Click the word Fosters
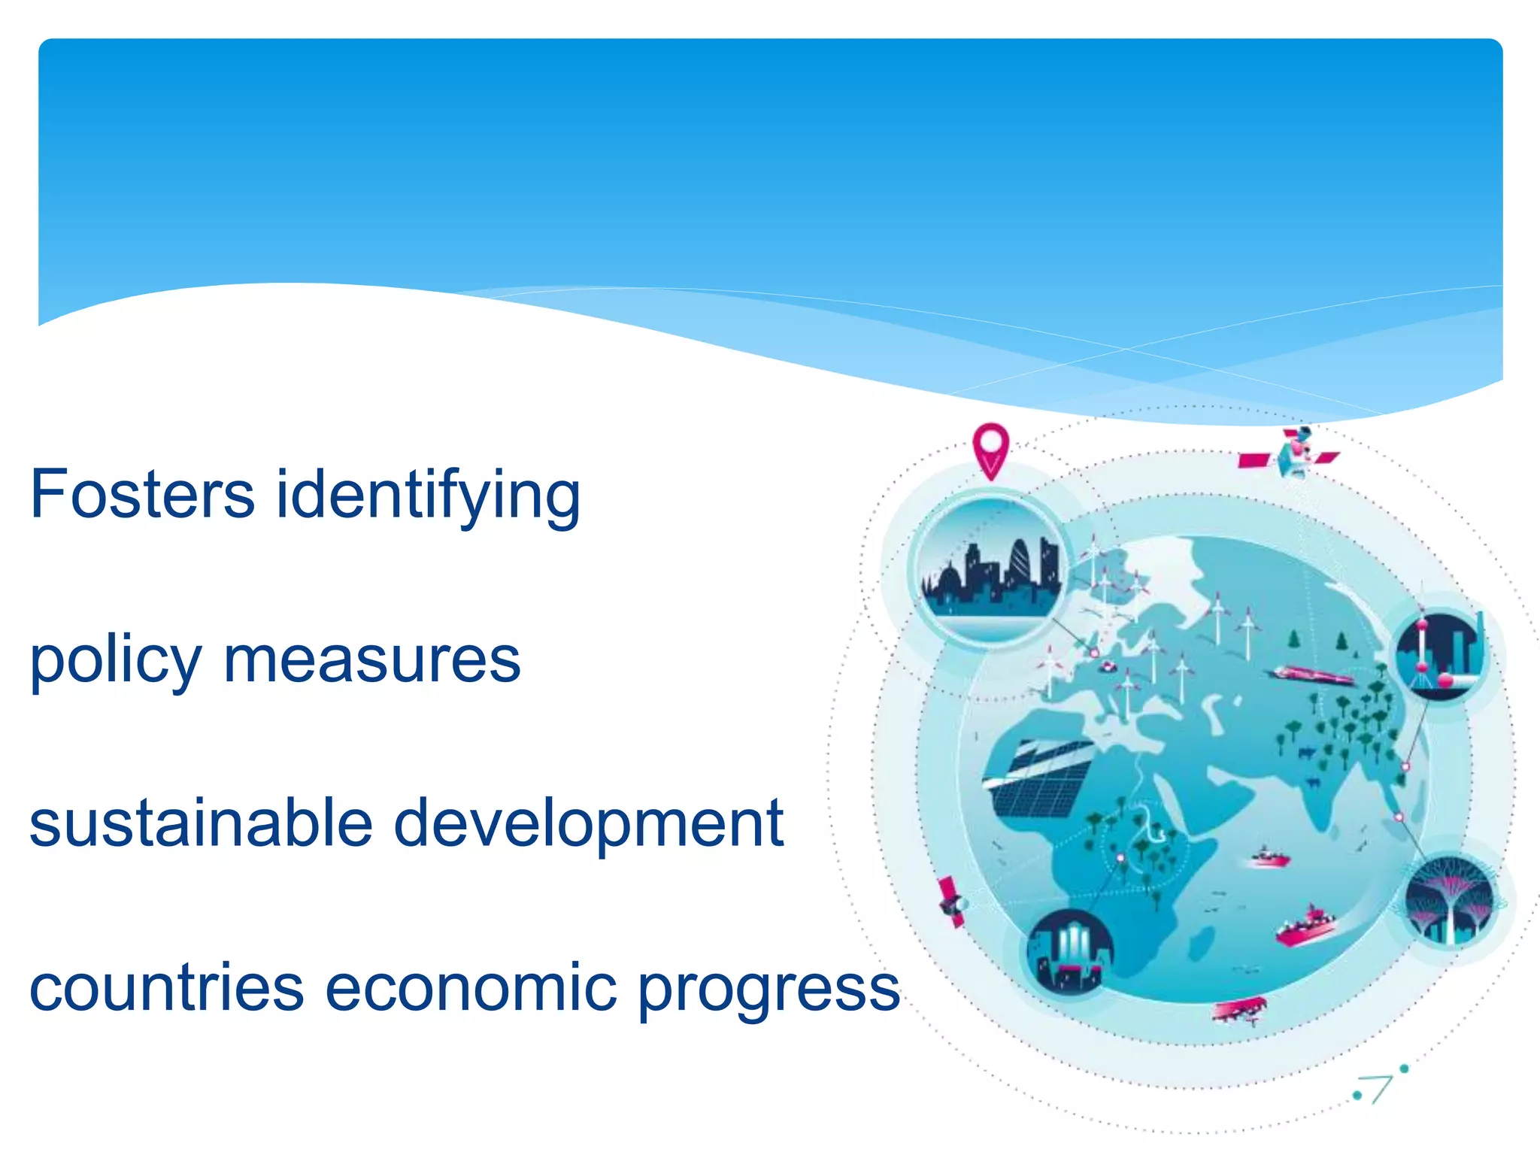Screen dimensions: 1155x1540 click(x=142, y=494)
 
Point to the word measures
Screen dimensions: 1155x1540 click(x=372, y=660)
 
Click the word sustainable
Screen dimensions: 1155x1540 click(x=201, y=823)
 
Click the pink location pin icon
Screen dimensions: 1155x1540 click(x=990, y=448)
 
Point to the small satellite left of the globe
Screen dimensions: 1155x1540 click(x=952, y=902)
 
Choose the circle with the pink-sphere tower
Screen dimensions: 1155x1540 click(x=1441, y=654)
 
